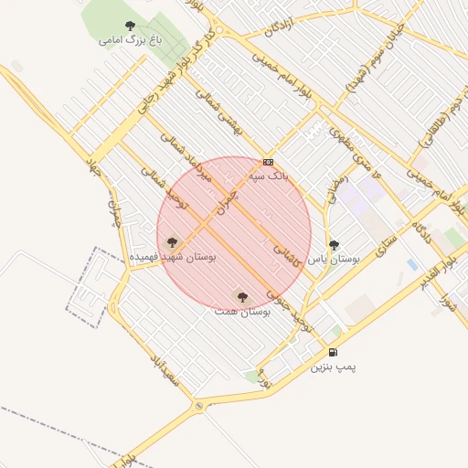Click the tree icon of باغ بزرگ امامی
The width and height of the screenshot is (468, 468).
click(x=128, y=27)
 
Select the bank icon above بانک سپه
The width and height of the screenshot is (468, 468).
click(x=267, y=162)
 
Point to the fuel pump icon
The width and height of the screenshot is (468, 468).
click(x=333, y=353)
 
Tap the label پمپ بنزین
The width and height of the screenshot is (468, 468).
click(x=332, y=367)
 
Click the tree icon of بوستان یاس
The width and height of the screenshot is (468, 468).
click(x=335, y=245)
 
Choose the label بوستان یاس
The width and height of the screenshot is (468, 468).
click(x=334, y=259)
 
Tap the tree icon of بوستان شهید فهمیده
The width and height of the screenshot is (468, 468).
click(x=172, y=243)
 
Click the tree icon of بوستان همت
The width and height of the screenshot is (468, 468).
click(x=242, y=297)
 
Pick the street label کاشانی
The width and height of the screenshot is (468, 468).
click(x=287, y=247)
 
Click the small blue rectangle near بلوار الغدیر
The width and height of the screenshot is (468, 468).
click(x=412, y=265)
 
